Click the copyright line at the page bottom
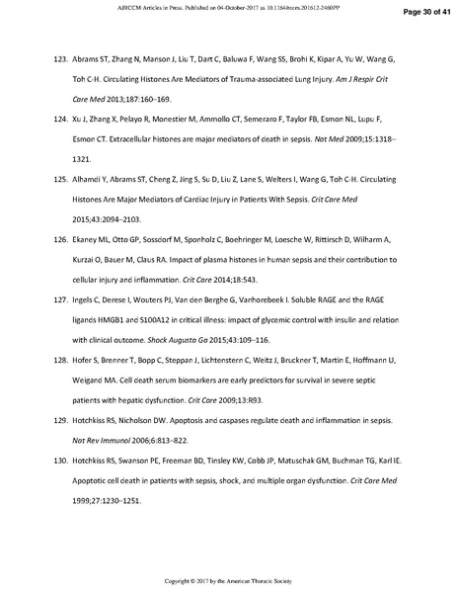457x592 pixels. click(x=228, y=578)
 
